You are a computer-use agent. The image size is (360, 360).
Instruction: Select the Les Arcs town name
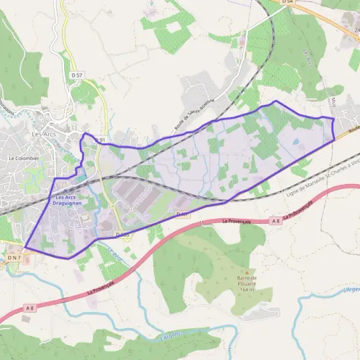44,134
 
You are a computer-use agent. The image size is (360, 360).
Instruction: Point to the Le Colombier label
23,158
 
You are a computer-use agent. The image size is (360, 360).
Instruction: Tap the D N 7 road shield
14,257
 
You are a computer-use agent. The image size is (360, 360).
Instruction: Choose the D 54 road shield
289,2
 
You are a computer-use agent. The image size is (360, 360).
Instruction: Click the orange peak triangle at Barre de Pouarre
246,272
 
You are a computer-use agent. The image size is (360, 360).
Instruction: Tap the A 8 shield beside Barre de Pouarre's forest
275,221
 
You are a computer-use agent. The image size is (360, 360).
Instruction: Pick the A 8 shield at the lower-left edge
29,308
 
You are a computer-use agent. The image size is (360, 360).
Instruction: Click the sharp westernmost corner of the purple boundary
25,247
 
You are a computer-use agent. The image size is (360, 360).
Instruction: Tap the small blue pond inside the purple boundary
295,142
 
